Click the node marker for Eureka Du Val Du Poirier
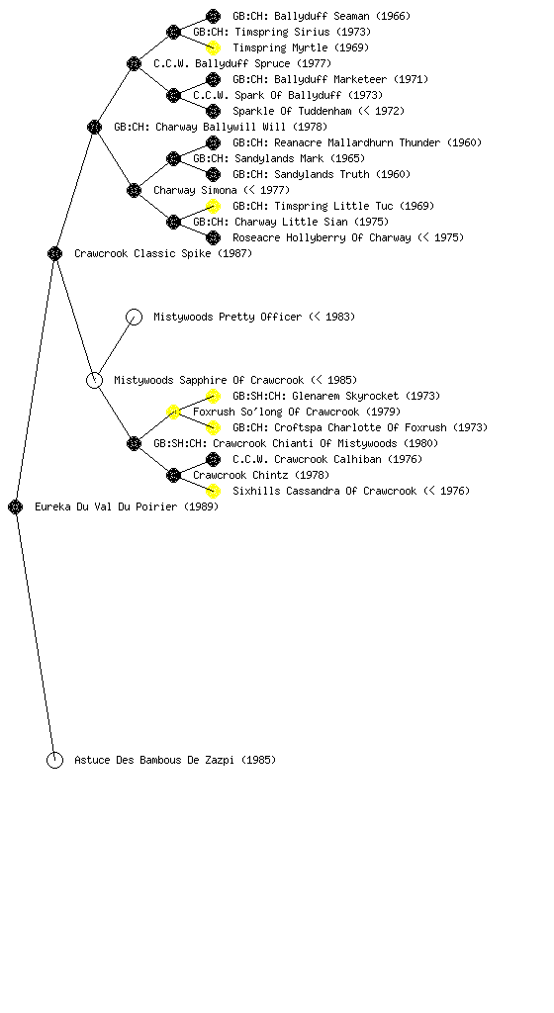click(x=16, y=506)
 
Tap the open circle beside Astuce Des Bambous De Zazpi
click(x=54, y=760)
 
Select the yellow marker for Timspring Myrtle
click(x=213, y=47)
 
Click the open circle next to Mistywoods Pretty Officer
click(x=134, y=317)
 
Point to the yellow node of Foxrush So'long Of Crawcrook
click(x=173, y=412)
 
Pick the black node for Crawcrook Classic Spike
click(x=54, y=253)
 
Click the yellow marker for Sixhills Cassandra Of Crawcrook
click(x=213, y=491)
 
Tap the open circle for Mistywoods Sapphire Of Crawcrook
click(x=94, y=380)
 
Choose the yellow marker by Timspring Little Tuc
click(x=213, y=206)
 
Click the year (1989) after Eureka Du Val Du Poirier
click(x=202, y=506)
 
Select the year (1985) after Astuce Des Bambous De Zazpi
click(x=259, y=760)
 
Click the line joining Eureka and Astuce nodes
click(x=35, y=633)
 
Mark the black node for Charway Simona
click(x=134, y=190)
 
